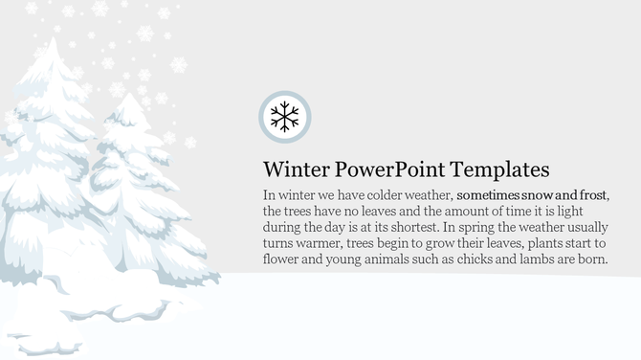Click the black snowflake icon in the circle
coord(285,117)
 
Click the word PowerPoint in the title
coord(387,170)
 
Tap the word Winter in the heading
coord(295,170)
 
